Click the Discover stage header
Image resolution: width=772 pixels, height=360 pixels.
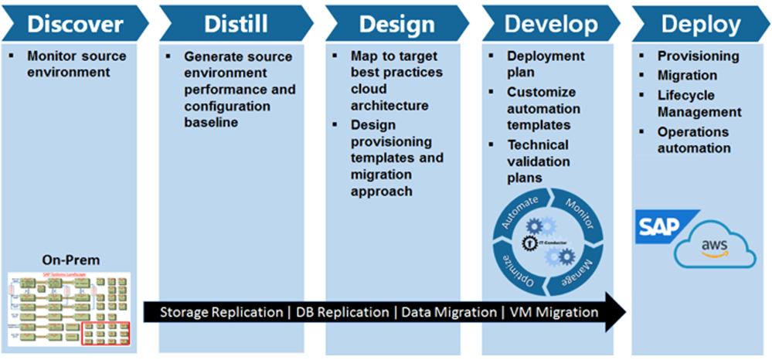coord(75,24)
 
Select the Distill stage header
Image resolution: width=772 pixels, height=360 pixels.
coord(236,24)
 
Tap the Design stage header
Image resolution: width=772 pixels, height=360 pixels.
coord(393,24)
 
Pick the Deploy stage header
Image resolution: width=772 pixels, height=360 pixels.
coord(700,24)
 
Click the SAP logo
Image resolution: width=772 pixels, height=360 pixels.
coord(657,226)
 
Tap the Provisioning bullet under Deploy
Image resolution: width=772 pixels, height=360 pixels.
coord(698,56)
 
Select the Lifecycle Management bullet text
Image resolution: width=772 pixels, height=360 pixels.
coord(699,104)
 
